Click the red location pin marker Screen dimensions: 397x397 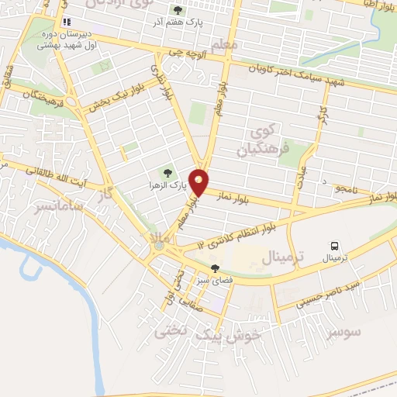point(199,181)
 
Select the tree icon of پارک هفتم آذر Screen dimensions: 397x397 point(178,10)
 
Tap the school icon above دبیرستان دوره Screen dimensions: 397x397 point(67,22)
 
